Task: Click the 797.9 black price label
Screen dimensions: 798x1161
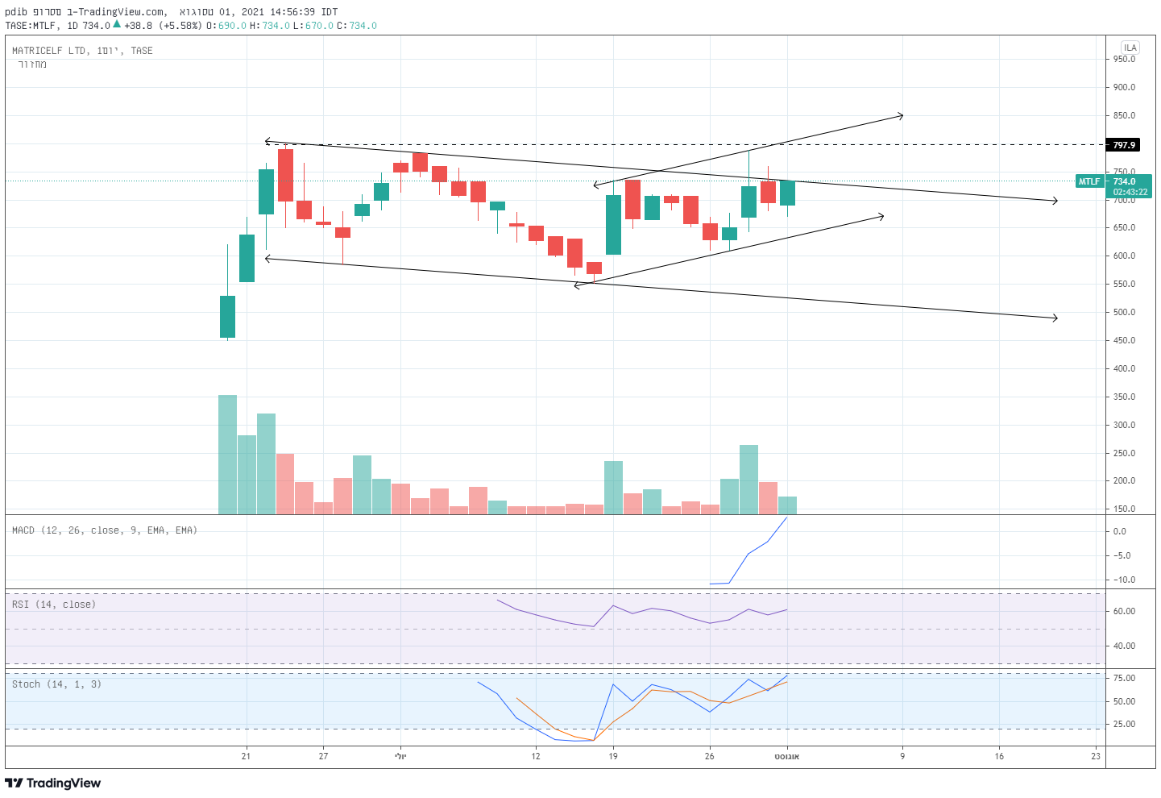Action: [x=1124, y=145]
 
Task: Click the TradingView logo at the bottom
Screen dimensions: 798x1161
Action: [x=53, y=783]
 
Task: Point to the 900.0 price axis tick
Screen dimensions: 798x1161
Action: [x=1124, y=87]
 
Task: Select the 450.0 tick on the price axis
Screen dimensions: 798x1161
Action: [x=1124, y=340]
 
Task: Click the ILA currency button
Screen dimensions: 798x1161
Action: [x=1130, y=48]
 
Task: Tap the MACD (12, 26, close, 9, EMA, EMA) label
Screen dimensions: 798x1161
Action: [x=105, y=530]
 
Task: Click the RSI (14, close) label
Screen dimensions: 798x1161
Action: [x=54, y=605]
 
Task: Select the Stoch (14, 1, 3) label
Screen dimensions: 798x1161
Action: [x=56, y=684]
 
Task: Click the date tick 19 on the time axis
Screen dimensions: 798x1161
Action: [x=613, y=756]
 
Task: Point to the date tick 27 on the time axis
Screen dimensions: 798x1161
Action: [x=323, y=756]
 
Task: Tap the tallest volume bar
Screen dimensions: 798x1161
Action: [x=228, y=455]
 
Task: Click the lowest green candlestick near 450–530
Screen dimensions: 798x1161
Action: [x=228, y=316]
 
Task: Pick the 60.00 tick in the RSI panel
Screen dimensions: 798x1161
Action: [x=1124, y=611]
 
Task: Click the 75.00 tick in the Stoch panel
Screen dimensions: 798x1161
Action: [x=1124, y=678]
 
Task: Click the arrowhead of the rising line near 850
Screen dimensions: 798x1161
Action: [x=902, y=116]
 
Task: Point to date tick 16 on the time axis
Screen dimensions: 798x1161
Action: [x=999, y=756]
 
